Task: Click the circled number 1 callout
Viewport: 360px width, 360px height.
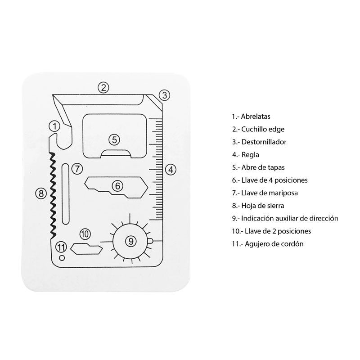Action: click(x=54, y=126)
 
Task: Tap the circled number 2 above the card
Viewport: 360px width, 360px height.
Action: click(x=103, y=87)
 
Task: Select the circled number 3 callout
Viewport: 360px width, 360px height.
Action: click(x=164, y=95)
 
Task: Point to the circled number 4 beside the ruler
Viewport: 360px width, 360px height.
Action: click(x=171, y=170)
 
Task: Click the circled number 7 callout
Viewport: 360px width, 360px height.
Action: click(x=77, y=169)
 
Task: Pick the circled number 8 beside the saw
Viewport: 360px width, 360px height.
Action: click(x=41, y=193)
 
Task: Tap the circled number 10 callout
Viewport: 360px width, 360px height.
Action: click(x=85, y=234)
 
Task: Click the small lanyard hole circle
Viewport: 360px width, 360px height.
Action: click(x=62, y=258)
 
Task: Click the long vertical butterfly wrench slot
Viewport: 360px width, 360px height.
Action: click(x=66, y=194)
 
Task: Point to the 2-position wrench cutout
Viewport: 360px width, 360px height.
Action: click(x=86, y=249)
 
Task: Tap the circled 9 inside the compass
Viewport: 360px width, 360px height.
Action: click(x=131, y=241)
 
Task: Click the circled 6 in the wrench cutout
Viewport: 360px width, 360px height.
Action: click(x=117, y=186)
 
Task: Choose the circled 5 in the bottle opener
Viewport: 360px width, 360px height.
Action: click(x=114, y=139)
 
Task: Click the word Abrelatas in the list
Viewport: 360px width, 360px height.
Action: click(x=256, y=117)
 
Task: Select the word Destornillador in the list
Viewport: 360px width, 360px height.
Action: click(x=264, y=142)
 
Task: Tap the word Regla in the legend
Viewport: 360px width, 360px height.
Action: click(x=250, y=155)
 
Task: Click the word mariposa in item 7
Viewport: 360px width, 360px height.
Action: click(x=283, y=193)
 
